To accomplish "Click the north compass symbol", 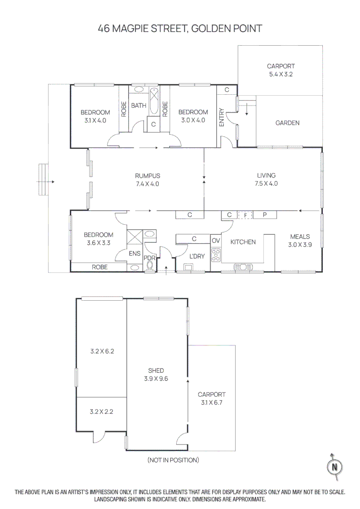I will tap(335, 467).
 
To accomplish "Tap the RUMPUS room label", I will tap(147, 180).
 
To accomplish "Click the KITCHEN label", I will tap(243, 242).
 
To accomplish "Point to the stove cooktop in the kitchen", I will tap(216, 255).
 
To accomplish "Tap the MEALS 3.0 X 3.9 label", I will tap(300, 240).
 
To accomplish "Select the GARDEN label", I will tap(287, 123).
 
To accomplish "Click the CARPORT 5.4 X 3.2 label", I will tap(280, 70).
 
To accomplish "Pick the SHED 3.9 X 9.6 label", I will tap(156, 374).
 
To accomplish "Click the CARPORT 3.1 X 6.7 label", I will tap(212, 398).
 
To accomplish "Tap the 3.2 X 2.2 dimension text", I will tap(101, 411).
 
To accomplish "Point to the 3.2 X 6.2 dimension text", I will tap(102, 351).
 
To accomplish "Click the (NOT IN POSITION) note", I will tap(173, 460).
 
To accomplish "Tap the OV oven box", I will tap(216, 240).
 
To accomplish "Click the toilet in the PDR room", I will tap(150, 265).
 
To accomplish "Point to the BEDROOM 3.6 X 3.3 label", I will tap(98, 239).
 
